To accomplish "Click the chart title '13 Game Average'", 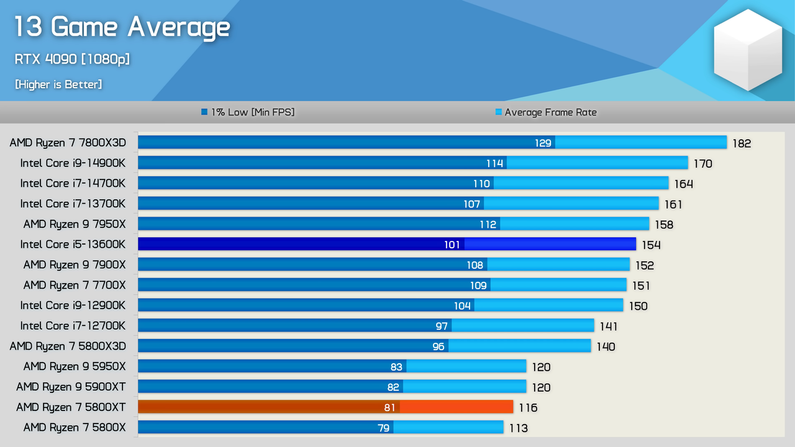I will (122, 27).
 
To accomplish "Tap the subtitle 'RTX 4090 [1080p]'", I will (72, 59).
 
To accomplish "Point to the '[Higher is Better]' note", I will (58, 84).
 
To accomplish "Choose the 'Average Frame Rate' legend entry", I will (546, 112).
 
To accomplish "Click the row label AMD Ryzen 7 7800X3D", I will (68, 143).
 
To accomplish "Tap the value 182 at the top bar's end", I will (742, 143).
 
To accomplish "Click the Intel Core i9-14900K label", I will (73, 163).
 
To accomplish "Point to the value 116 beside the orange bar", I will (528, 408).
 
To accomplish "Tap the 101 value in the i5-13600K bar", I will (452, 245).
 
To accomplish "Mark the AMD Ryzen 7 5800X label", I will (75, 427).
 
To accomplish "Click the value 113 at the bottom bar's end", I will (518, 428).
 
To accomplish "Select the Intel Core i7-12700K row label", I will (73, 325).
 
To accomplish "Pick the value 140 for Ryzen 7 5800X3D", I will (606, 346).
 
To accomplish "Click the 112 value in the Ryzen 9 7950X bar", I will (488, 224).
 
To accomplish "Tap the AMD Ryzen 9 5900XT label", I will (71, 387).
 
